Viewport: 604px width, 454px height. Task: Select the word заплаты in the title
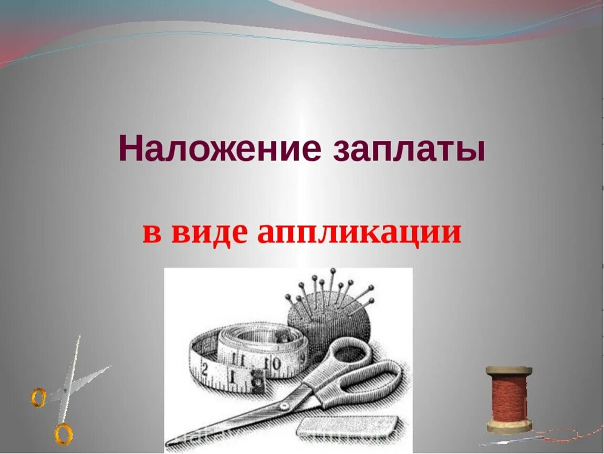[x=409, y=149]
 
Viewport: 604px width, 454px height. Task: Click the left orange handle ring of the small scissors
[x=38, y=397]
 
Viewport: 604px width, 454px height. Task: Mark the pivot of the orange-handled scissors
[x=65, y=391]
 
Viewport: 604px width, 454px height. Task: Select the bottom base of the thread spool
[x=508, y=427]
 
